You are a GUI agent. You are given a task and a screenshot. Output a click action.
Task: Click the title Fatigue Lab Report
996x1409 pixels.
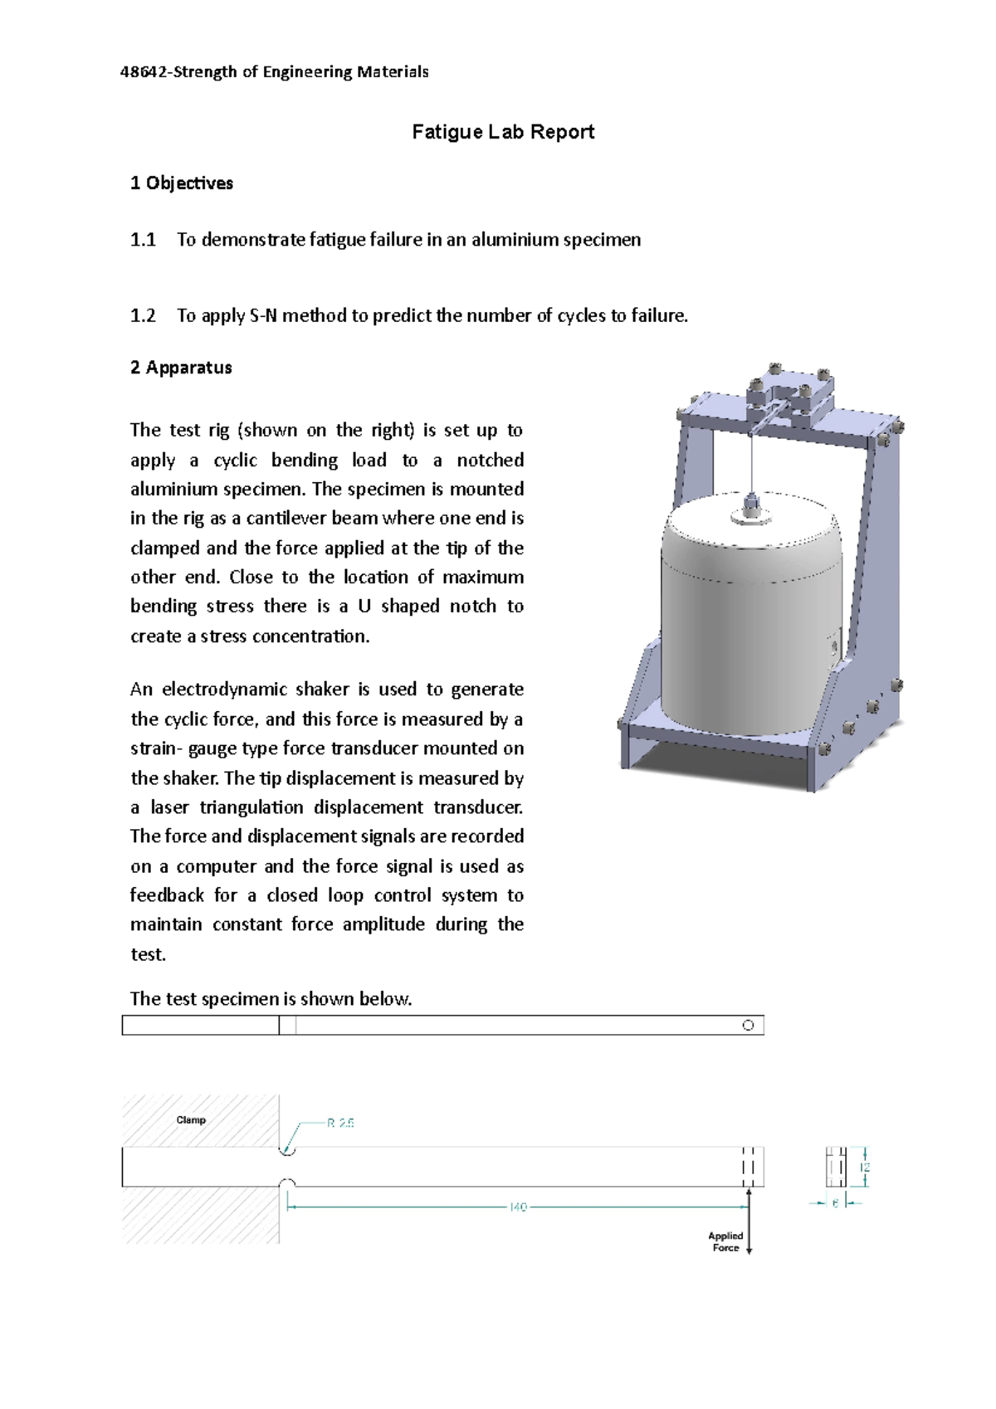point(503,132)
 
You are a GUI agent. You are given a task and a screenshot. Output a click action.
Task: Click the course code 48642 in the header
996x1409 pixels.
point(143,72)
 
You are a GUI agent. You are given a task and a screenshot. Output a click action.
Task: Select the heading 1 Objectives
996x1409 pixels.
point(181,183)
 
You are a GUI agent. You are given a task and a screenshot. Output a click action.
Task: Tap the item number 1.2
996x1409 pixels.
point(143,316)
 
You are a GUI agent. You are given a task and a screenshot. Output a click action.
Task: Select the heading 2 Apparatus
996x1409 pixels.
point(180,368)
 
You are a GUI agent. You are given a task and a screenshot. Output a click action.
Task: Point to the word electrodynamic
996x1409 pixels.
point(227,690)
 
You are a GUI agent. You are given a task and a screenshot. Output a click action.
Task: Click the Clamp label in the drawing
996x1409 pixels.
point(191,1120)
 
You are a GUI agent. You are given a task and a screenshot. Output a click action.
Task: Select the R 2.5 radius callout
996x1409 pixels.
point(340,1124)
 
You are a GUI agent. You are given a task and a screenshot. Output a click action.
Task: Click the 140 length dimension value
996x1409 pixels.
point(518,1208)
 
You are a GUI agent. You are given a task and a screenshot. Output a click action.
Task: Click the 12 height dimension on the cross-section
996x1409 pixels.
point(866,1168)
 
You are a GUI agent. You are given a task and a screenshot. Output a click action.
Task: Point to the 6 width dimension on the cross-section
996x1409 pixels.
point(836,1203)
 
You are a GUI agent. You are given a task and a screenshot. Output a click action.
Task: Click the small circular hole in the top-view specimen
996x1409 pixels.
point(748,1026)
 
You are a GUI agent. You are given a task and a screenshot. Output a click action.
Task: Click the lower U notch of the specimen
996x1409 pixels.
point(286,1182)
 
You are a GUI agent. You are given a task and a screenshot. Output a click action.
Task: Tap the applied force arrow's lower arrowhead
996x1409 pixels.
point(749,1251)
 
